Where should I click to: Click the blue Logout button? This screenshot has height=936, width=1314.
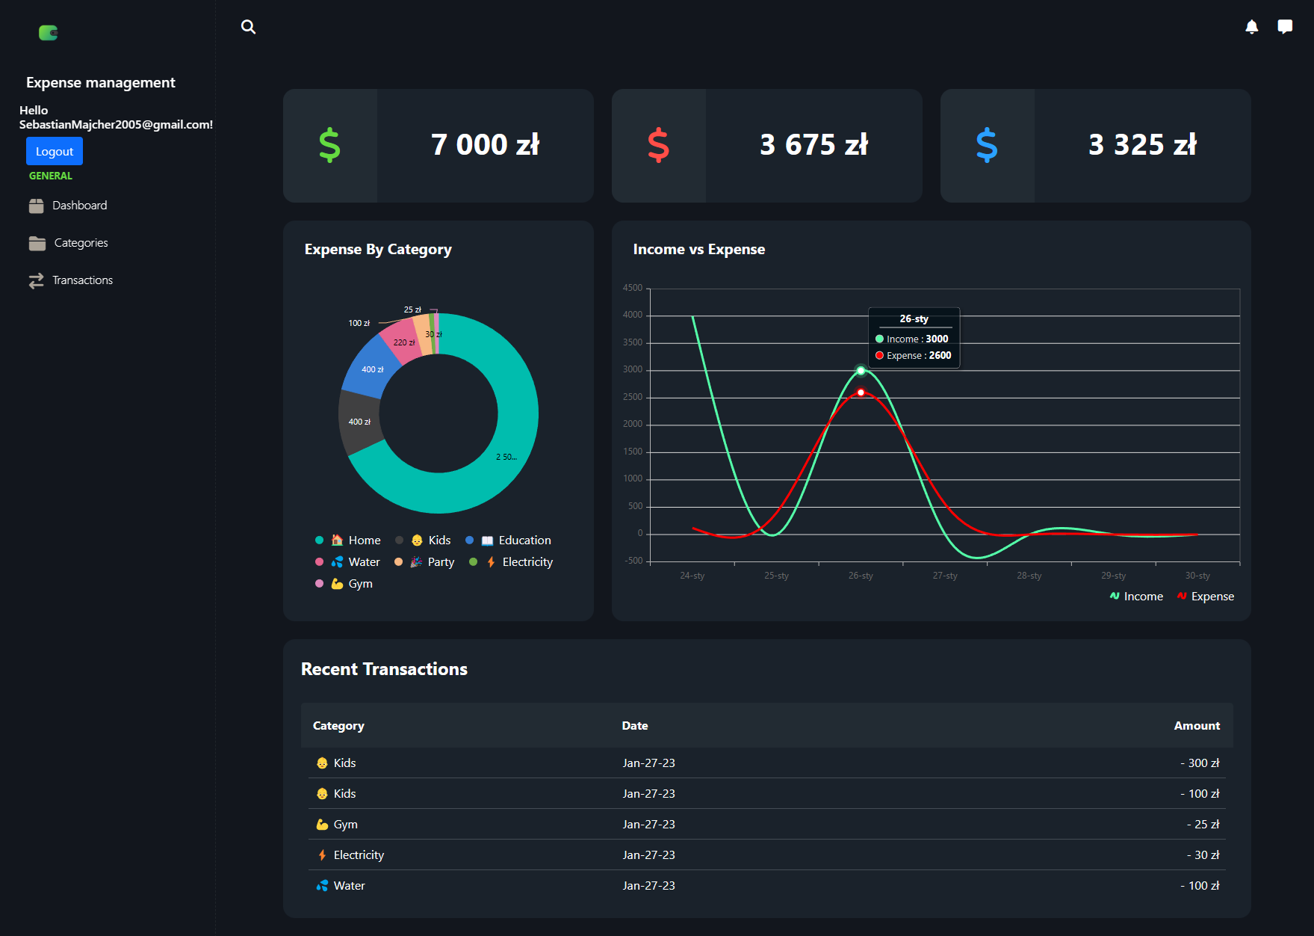tap(55, 151)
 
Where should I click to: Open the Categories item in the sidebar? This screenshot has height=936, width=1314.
tap(80, 243)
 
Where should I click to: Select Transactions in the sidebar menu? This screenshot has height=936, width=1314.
tap(82, 280)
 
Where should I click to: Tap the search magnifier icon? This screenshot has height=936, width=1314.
tap(249, 27)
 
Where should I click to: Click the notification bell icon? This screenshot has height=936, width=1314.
tap(1252, 27)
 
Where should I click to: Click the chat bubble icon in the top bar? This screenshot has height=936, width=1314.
tap(1285, 27)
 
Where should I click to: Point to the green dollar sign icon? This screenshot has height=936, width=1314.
tap(329, 145)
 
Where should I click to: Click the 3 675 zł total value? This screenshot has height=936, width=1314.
tap(813, 145)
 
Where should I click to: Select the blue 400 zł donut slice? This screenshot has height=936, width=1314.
tap(371, 366)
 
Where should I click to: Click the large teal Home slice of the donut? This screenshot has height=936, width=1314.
tap(508, 449)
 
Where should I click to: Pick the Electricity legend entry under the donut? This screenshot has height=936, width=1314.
tap(527, 562)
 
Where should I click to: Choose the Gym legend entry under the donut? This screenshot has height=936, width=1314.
tap(359, 584)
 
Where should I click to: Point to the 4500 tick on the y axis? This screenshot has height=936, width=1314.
tap(633, 288)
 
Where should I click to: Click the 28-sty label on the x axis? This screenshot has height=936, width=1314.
tap(1029, 576)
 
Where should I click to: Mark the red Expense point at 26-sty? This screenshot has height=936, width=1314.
tap(861, 392)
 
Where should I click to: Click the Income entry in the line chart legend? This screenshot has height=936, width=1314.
tap(1142, 597)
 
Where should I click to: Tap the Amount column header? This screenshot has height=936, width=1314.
tap(1196, 726)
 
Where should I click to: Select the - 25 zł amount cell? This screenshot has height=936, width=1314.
tap(1203, 824)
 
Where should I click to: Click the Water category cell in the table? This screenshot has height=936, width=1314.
tap(348, 885)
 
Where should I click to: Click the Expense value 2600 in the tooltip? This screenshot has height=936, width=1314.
tap(940, 356)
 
